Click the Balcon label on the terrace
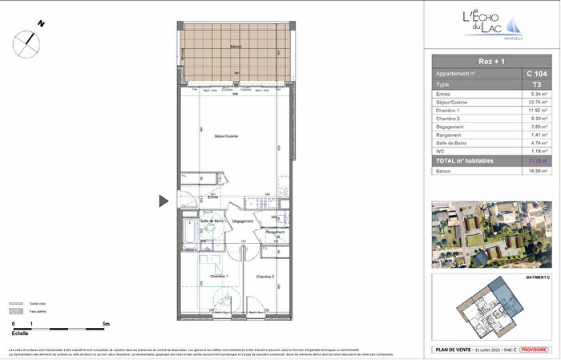(x=235, y=47)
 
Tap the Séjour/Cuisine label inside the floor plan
(x=226, y=137)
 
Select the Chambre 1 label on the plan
(x=220, y=276)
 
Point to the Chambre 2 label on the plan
(x=265, y=276)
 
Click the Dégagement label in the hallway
(x=243, y=221)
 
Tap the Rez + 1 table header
(x=490, y=60)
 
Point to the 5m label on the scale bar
(x=106, y=324)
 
